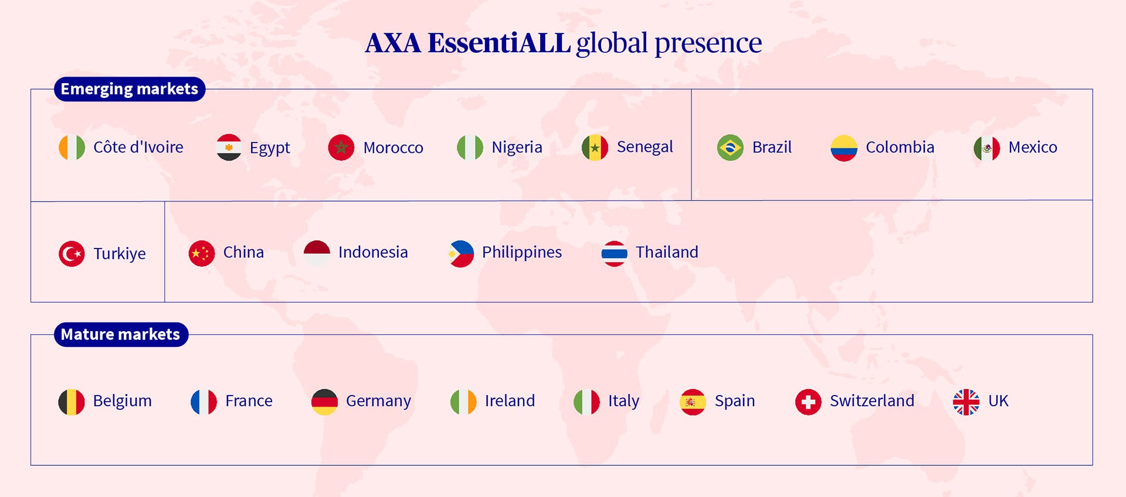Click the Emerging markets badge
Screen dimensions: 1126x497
(130, 89)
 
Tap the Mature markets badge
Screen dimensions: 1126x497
(121, 335)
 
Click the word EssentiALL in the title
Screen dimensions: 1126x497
(499, 43)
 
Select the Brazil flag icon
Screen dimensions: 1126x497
(730, 148)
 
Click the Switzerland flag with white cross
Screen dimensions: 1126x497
(808, 402)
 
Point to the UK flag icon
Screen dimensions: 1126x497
(966, 402)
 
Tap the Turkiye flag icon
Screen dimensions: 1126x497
(72, 254)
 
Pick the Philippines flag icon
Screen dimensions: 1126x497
(460, 254)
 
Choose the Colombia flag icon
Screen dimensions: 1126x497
(844, 148)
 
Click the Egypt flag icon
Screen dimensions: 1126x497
(229, 148)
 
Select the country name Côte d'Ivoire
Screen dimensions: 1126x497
(138, 147)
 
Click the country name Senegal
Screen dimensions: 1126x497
(645, 147)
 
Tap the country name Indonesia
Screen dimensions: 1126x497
(373, 252)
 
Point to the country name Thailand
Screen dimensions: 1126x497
(667, 252)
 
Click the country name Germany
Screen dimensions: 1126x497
(378, 401)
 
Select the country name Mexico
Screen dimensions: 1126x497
(1033, 147)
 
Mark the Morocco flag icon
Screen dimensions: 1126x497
(341, 148)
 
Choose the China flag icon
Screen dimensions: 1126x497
(202, 254)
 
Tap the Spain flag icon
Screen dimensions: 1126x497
(693, 402)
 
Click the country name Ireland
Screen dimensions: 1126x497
(510, 401)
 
